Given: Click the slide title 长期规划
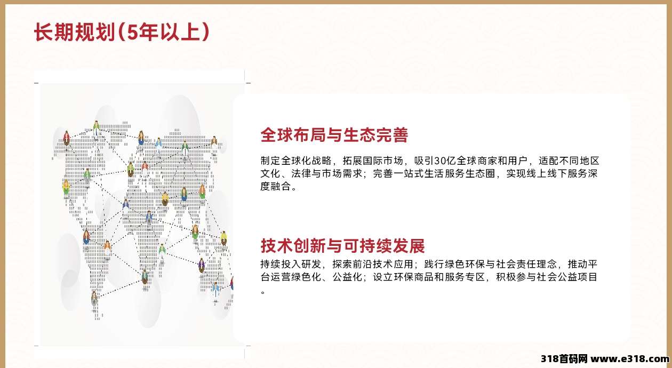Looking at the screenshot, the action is pos(75,32).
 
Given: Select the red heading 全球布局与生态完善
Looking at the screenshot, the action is pos(334,134).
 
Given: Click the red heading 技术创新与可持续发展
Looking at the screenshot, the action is pos(342,246).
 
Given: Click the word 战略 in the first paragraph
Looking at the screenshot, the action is pos(322,161).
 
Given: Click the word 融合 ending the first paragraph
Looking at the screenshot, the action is pos(281,187).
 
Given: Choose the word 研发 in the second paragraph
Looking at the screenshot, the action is pos(311,264).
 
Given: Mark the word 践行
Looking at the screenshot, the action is pos(434,264).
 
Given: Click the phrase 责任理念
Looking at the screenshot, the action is pos(537,264).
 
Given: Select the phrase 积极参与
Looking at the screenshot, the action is pos(517,277).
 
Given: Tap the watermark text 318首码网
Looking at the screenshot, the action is pos(564,359).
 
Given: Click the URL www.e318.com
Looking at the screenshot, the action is pos(630,359).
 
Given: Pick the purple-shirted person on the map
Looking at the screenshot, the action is pos(202,266).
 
